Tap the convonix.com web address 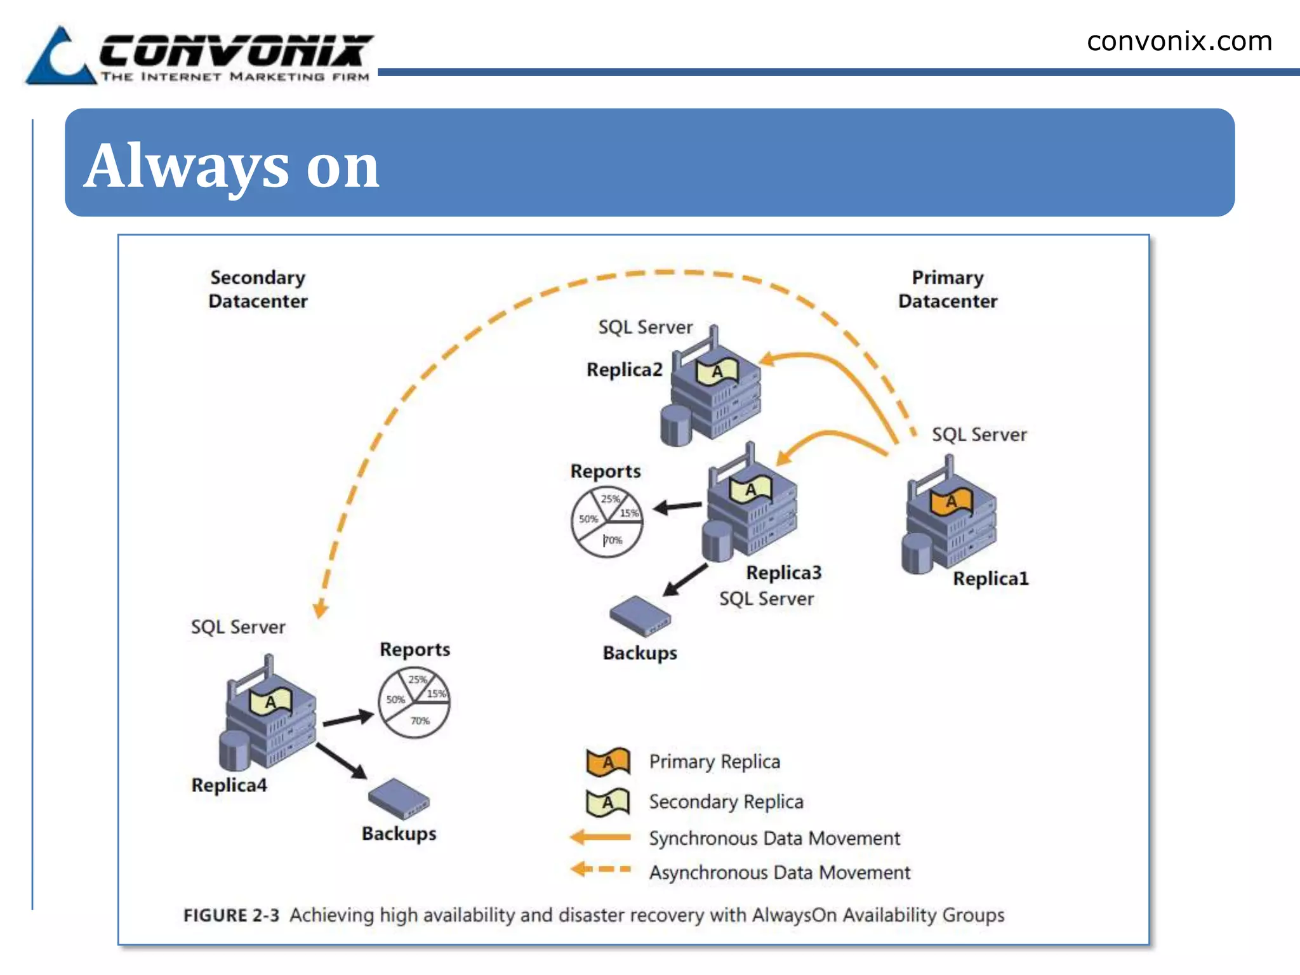(x=1179, y=42)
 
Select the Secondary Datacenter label (x=258, y=289)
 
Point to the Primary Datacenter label (x=947, y=289)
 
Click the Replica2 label (x=624, y=369)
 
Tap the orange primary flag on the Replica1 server (x=951, y=502)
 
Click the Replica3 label (x=783, y=573)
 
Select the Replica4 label (x=229, y=785)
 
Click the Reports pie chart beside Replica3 (x=606, y=522)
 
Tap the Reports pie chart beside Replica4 (x=414, y=702)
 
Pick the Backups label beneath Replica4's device (x=399, y=833)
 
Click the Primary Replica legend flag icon (x=607, y=762)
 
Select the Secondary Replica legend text (x=726, y=802)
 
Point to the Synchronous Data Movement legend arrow (x=600, y=837)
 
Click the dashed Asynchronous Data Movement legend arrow (x=600, y=869)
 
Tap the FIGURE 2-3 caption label (x=231, y=915)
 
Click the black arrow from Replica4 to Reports (x=347, y=719)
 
